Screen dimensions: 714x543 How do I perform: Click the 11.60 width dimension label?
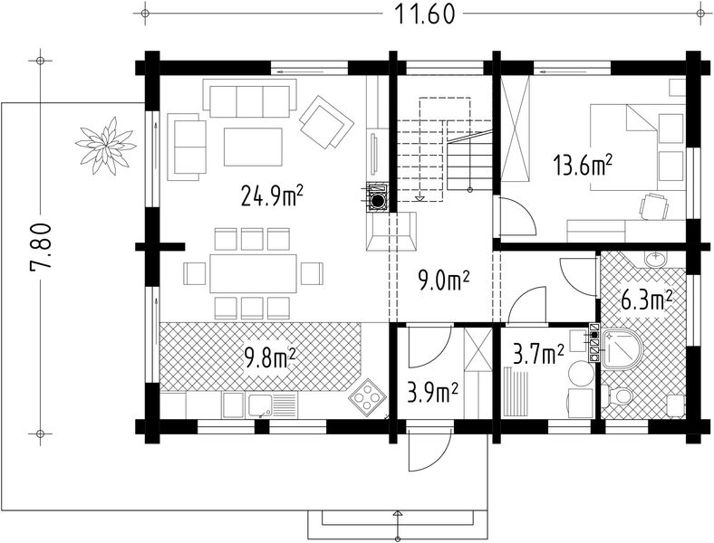[424, 14]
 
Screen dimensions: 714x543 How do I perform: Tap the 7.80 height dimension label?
[39, 253]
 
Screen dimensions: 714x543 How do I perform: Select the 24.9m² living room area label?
[273, 195]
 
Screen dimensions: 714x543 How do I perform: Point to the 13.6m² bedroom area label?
[582, 165]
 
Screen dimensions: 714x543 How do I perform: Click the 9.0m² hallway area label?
[443, 282]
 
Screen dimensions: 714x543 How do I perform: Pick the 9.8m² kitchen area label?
[271, 357]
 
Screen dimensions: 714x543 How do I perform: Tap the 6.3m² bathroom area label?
[647, 300]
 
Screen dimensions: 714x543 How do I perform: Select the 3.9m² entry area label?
[432, 393]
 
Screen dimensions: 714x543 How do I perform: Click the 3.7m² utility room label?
[538, 355]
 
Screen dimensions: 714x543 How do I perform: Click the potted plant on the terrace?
[106, 146]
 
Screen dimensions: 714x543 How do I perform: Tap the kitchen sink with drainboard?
[272, 405]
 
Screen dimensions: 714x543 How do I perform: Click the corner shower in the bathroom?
[622, 348]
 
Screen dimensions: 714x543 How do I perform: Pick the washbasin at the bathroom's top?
[656, 260]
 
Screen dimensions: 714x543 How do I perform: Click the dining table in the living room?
[253, 273]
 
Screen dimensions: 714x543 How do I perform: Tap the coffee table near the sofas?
[253, 147]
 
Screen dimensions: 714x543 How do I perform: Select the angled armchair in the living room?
[326, 121]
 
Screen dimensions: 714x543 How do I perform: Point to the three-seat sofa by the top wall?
[249, 99]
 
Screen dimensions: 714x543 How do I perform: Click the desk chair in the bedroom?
[654, 206]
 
